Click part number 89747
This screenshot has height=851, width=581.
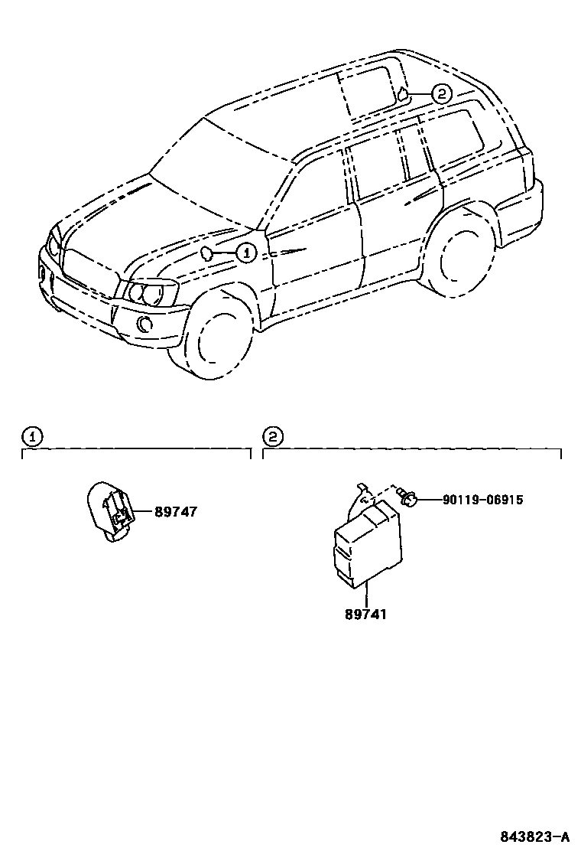click(176, 512)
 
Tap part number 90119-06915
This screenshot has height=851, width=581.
click(482, 500)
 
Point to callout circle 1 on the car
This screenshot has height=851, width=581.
click(245, 252)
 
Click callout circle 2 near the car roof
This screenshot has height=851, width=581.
click(441, 94)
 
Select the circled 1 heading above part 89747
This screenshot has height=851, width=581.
click(32, 437)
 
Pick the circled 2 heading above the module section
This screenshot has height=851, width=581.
click(273, 437)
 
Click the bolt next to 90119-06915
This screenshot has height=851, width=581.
click(409, 500)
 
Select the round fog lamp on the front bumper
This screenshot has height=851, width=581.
click(144, 324)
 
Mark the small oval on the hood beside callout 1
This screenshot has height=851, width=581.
click(206, 253)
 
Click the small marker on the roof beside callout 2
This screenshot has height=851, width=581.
click(401, 95)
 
